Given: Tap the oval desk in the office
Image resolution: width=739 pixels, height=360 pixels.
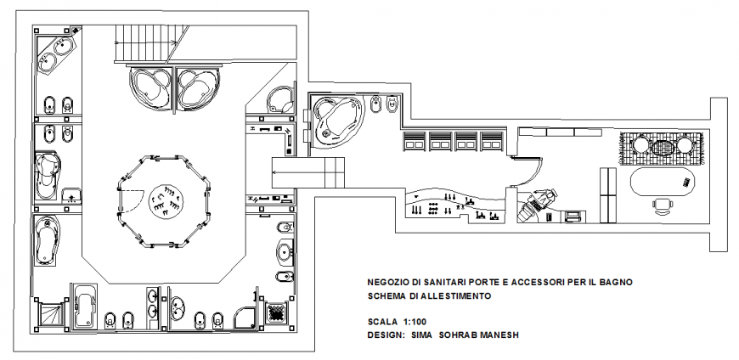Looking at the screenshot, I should [663, 181].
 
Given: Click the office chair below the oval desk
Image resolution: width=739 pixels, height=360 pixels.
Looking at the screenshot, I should [663, 204].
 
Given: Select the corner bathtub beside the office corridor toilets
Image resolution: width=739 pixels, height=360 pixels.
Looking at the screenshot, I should [336, 121].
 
